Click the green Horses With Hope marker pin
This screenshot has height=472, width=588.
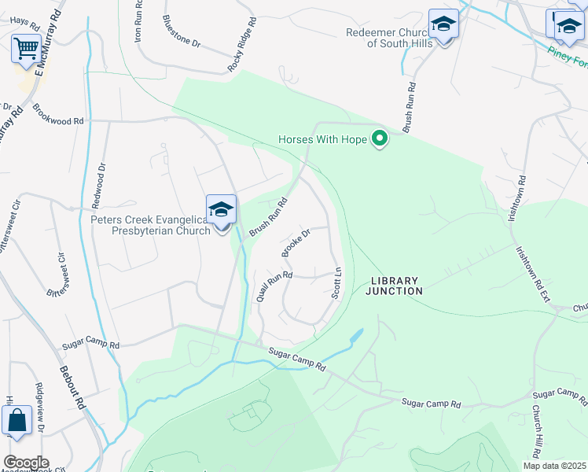380,139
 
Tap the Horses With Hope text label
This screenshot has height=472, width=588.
323,140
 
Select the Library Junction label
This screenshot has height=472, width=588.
395,286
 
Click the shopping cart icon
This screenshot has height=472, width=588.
26,50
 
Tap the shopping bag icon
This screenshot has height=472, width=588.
17,422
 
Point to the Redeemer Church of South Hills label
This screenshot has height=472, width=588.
389,38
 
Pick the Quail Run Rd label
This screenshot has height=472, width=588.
274,287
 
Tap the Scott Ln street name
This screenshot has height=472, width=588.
336,281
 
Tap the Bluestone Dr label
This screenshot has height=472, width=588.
182,32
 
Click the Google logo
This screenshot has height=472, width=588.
25,463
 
